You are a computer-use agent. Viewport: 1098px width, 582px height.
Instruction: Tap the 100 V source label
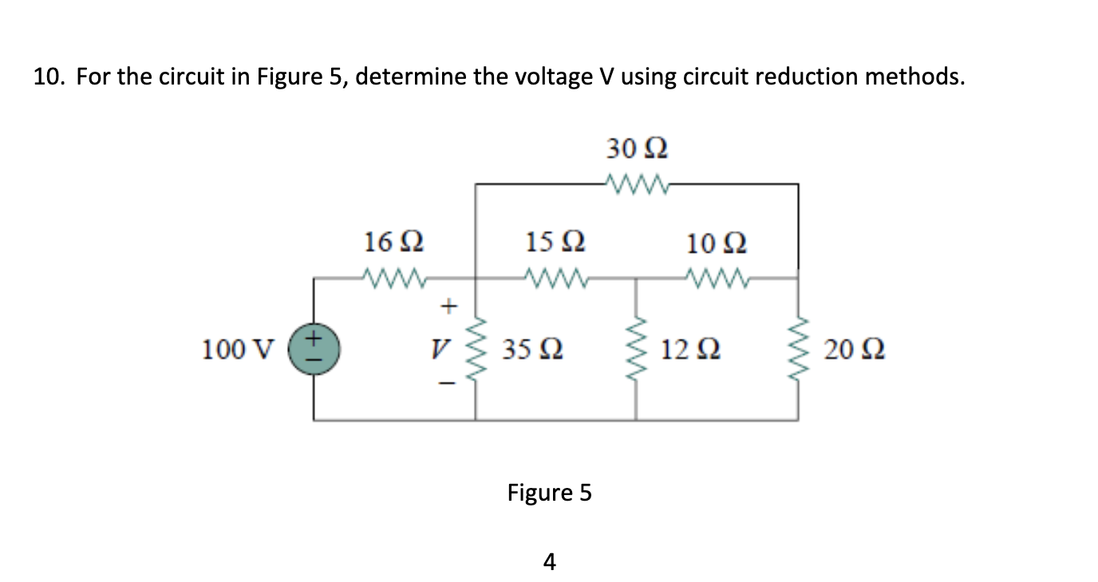tap(237, 349)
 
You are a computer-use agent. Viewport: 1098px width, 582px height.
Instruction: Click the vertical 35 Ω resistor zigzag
tap(476, 349)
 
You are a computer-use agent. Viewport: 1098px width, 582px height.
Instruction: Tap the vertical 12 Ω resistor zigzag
tap(636, 349)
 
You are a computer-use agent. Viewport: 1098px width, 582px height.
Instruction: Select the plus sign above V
tap(449, 305)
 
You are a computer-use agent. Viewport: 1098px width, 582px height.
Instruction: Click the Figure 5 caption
tap(549, 493)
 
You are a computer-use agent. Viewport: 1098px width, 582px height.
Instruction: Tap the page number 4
tap(548, 562)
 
